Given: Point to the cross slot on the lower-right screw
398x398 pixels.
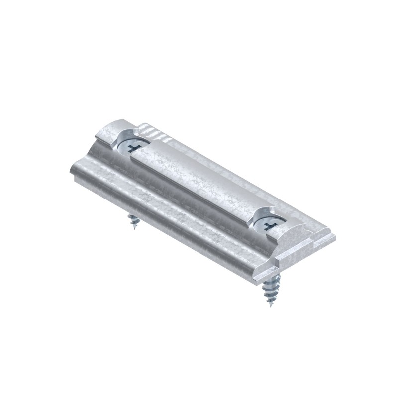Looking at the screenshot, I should pyautogui.click(x=269, y=227).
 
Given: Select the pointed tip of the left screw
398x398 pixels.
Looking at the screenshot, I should pyautogui.click(x=132, y=227).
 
